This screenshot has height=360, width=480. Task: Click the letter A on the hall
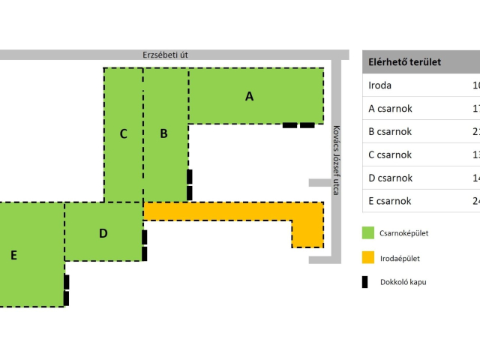coord(250,96)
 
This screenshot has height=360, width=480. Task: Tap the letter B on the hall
coord(163,133)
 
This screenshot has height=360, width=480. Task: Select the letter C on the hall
coord(124,133)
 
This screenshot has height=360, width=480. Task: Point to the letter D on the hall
coord(103,233)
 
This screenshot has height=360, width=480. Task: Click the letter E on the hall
coord(13,255)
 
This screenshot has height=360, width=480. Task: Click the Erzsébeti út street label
coord(165,55)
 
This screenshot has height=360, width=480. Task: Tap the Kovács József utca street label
coord(337,160)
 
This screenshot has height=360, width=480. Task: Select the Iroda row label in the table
coord(380,85)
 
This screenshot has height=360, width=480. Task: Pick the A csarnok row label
coord(391,109)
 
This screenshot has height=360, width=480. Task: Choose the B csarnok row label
coord(391,132)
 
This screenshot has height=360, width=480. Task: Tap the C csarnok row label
coord(391,155)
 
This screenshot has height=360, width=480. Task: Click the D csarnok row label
coord(391,178)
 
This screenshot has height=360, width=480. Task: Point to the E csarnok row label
coord(391,201)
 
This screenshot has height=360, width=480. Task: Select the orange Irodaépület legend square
coord(368,258)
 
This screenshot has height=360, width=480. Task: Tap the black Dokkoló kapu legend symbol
coord(365,282)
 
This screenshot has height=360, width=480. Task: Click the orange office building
coord(225,211)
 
